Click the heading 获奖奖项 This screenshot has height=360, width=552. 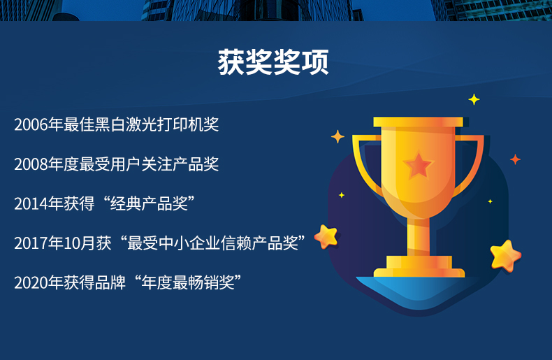click(273, 62)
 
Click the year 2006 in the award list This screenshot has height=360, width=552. click(31, 124)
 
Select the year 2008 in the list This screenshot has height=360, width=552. click(31, 164)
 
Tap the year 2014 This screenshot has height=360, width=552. click(31, 204)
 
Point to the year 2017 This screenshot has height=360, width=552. click(31, 243)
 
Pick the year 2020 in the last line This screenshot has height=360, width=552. click(31, 283)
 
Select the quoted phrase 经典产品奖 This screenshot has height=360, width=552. click(149, 203)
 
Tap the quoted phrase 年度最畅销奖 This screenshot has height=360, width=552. click(188, 282)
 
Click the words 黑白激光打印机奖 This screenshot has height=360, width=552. click(157, 124)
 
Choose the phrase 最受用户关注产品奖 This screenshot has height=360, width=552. click(149, 164)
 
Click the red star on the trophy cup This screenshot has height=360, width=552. click(419, 165)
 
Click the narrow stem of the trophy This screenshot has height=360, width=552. click(419, 237)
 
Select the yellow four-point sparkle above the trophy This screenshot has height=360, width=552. click(474, 100)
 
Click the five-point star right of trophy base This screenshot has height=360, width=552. click(505, 256)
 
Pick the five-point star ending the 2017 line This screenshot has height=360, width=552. click(326, 237)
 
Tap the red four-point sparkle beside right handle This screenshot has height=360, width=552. click(516, 159)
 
